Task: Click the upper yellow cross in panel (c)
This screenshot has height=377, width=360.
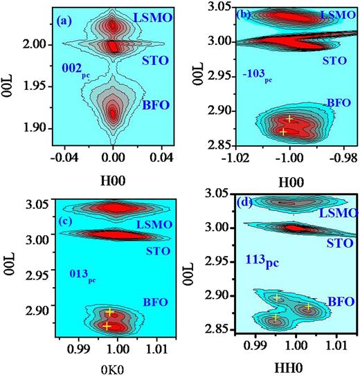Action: pos(109,312)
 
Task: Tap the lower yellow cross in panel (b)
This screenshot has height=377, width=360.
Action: pos(282,131)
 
